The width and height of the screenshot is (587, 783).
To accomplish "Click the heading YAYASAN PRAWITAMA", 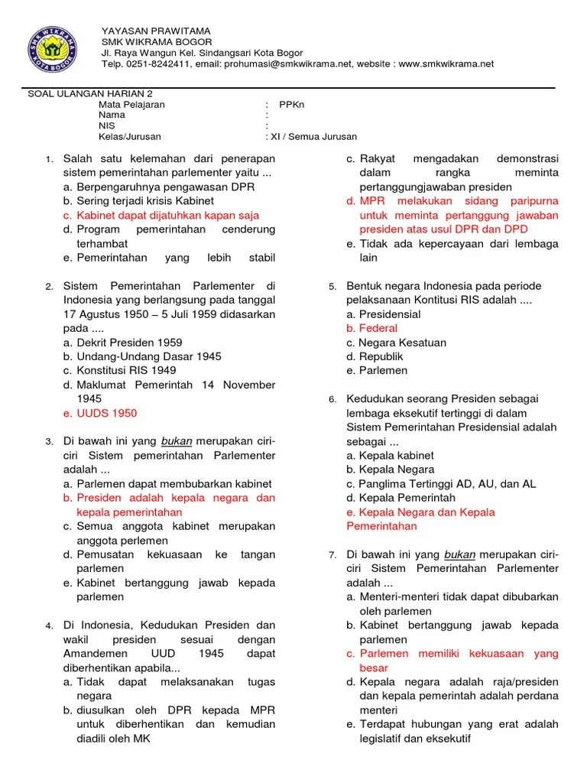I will tap(156, 31).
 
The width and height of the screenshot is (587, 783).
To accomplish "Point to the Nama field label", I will tap(112, 115).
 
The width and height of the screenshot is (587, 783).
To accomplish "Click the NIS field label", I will tap(106, 126).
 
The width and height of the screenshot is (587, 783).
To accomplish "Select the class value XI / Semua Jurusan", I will tap(313, 137).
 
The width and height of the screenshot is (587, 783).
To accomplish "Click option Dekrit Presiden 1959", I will tap(129, 343).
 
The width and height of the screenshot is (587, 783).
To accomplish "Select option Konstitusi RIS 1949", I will tap(126, 371).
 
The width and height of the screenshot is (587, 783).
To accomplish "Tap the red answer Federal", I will tap(378, 328).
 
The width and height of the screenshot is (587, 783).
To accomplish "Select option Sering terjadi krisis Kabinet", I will tap(134, 201).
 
